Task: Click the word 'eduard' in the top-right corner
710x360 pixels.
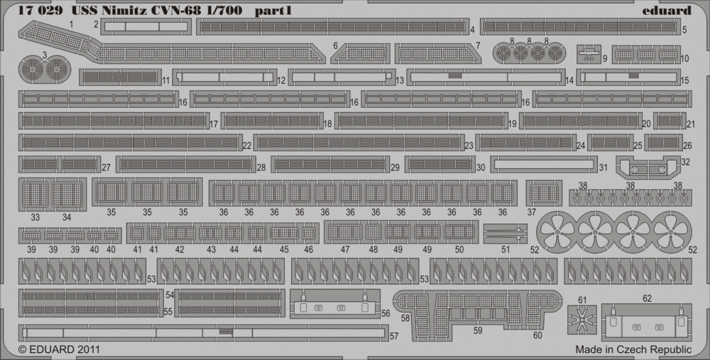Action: [x=670, y=11]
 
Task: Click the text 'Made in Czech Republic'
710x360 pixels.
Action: [x=633, y=349]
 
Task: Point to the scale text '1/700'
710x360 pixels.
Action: [x=219, y=11]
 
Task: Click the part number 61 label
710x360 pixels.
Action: [x=583, y=300]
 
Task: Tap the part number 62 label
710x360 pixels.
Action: [x=647, y=299]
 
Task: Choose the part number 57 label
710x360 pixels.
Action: [x=394, y=338]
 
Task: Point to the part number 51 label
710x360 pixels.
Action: [x=505, y=249]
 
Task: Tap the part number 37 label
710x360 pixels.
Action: [x=531, y=212]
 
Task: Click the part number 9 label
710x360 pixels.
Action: [x=604, y=58]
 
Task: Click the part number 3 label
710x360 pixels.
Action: [x=44, y=54]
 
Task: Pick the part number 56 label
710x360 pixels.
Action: [x=386, y=312]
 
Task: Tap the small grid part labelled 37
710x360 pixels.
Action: [x=544, y=192]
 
